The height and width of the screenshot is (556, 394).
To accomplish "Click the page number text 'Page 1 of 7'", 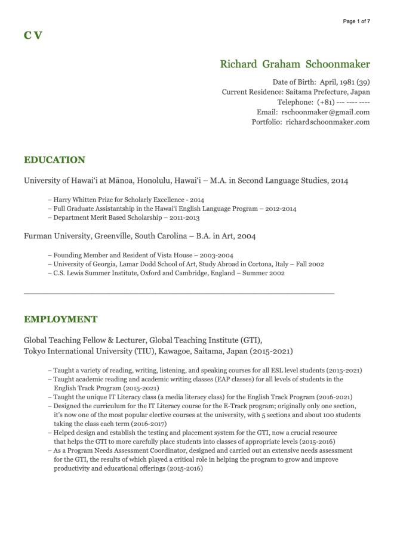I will pyautogui.click(x=356, y=21).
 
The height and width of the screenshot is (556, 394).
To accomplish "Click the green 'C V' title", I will pyautogui.click(x=33, y=35).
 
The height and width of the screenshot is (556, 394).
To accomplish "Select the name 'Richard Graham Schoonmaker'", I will pyautogui.click(x=295, y=64).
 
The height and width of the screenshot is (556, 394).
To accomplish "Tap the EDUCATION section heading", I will pyautogui.click(x=54, y=160).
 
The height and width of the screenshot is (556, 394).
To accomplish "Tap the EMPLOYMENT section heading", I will pyautogui.click(x=60, y=319).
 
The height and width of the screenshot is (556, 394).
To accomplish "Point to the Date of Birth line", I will pyautogui.click(x=321, y=82).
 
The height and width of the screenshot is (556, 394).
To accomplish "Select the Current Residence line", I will pyautogui.click(x=295, y=92).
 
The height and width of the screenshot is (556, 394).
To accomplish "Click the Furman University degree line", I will pyautogui.click(x=140, y=237).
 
